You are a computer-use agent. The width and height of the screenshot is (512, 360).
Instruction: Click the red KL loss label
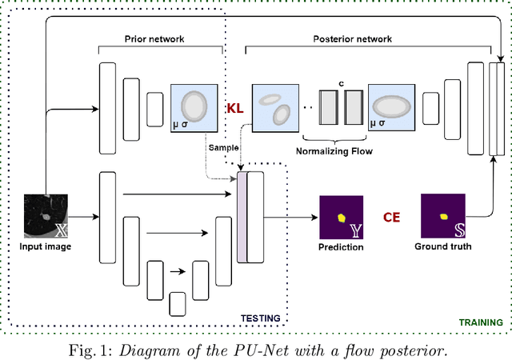pos(235,108)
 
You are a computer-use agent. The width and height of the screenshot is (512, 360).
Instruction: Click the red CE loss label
pos(392,216)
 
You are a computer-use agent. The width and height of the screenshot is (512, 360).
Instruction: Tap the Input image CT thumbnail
pos(46,216)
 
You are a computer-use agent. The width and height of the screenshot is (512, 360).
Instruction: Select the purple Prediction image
pos(341,217)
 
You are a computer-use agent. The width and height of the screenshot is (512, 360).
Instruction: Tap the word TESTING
pos(261,318)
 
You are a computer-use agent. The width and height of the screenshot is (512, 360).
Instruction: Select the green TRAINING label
pos(480,322)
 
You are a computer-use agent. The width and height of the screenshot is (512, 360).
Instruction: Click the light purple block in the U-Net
pos(242,217)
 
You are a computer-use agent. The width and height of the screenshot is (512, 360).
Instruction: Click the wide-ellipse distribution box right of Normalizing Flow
pos(391,108)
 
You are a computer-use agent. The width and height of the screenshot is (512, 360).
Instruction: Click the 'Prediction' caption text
pos(341,247)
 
